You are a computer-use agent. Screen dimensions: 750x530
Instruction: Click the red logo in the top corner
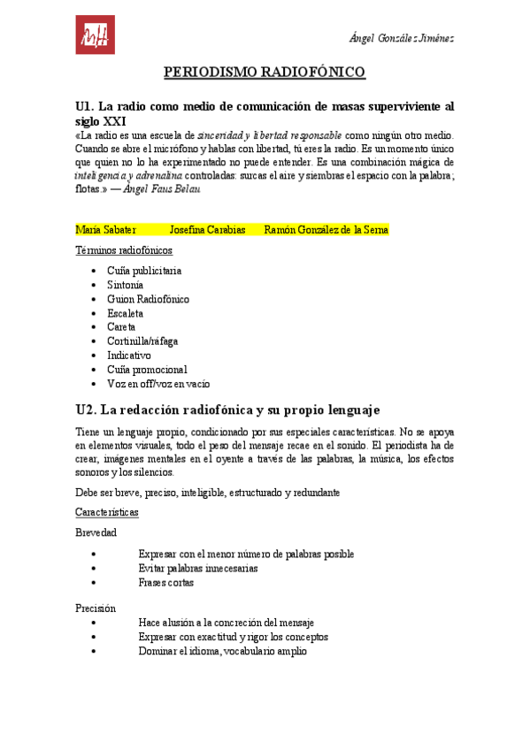point(95,34)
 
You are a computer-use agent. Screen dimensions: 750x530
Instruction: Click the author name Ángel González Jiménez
point(402,38)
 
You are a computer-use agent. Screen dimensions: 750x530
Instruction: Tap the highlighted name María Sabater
point(105,230)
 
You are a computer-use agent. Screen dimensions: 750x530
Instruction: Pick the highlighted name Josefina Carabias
point(207,230)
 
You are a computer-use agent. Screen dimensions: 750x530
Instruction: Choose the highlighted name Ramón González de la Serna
point(326,230)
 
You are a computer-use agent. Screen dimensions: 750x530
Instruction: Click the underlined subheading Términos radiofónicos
point(124,250)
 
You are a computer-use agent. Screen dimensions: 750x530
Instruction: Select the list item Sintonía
point(125,285)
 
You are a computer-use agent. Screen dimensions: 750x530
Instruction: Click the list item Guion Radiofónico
point(148,299)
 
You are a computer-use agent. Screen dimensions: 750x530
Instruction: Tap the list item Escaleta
point(125,313)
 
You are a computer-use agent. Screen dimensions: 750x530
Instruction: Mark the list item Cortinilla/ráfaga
point(142,341)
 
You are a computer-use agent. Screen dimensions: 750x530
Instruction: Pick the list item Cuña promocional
point(147,370)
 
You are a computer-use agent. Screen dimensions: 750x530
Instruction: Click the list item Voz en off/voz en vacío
point(158,384)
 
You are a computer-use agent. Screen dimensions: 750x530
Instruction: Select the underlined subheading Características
point(107,512)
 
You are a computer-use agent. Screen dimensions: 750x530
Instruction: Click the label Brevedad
point(96,532)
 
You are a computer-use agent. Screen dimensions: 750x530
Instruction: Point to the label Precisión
point(96,608)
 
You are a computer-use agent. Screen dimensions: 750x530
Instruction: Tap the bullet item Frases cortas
point(166,583)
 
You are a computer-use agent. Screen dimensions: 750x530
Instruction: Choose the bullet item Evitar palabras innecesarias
point(198,569)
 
